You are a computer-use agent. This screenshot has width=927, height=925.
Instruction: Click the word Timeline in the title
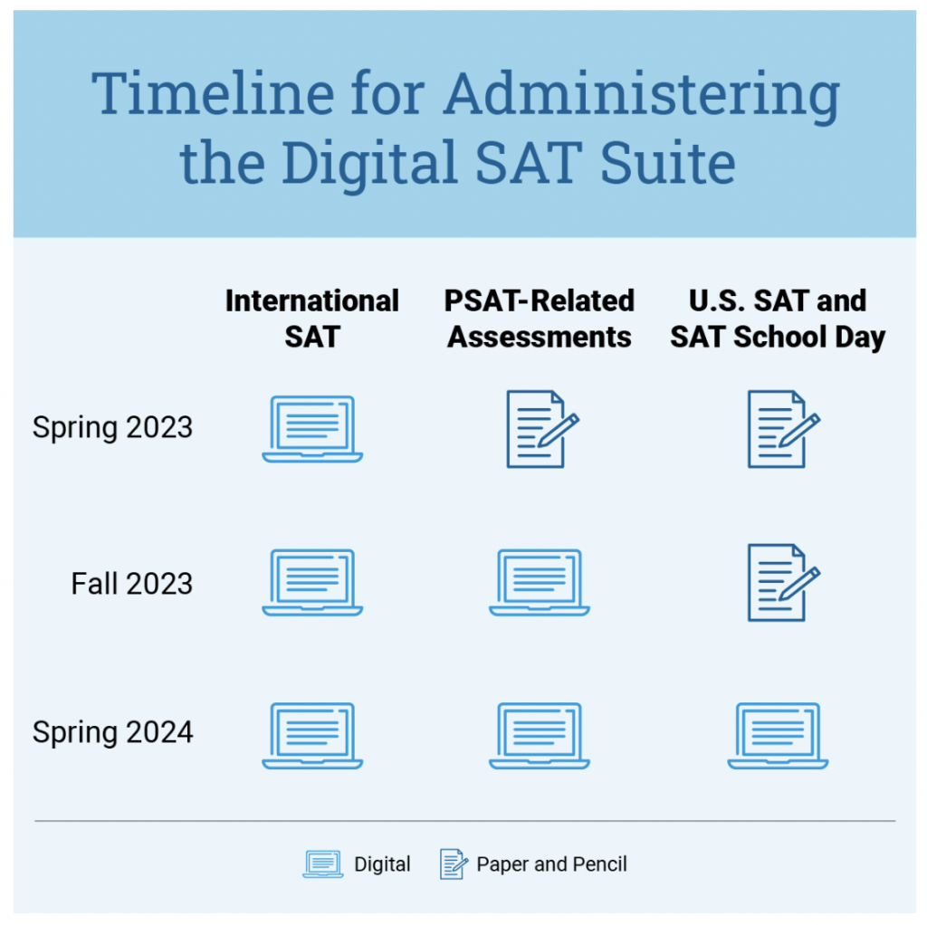click(x=213, y=93)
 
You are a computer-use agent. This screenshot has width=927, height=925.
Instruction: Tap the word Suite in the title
click(x=667, y=162)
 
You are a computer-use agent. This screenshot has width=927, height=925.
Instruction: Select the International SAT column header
click(x=312, y=319)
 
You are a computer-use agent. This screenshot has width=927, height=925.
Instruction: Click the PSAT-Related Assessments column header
click(x=540, y=319)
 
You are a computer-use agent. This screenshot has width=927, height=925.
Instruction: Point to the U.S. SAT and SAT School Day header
click(x=778, y=319)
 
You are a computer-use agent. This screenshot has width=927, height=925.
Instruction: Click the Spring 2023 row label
click(x=112, y=428)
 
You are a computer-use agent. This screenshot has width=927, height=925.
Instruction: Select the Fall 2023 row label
click(x=132, y=584)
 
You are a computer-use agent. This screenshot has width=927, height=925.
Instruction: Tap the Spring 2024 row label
click(x=112, y=733)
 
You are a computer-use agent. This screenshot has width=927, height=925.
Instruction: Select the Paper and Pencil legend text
click(x=551, y=864)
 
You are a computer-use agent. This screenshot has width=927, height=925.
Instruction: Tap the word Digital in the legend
click(x=382, y=864)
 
